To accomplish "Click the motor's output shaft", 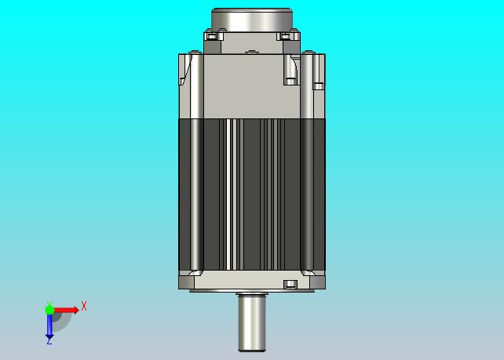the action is point(252,323).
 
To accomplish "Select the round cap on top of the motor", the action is point(252,20).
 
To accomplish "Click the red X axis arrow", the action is point(66,310).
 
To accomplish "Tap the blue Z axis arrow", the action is point(49,326).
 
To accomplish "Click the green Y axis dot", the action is point(49,310).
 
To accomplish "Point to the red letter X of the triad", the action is point(84,306).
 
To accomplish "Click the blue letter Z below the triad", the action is point(49,342).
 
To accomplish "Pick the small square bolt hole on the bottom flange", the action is point(290,284).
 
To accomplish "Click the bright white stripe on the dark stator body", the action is point(228,195).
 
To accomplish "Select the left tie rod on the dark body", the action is point(197,195).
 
